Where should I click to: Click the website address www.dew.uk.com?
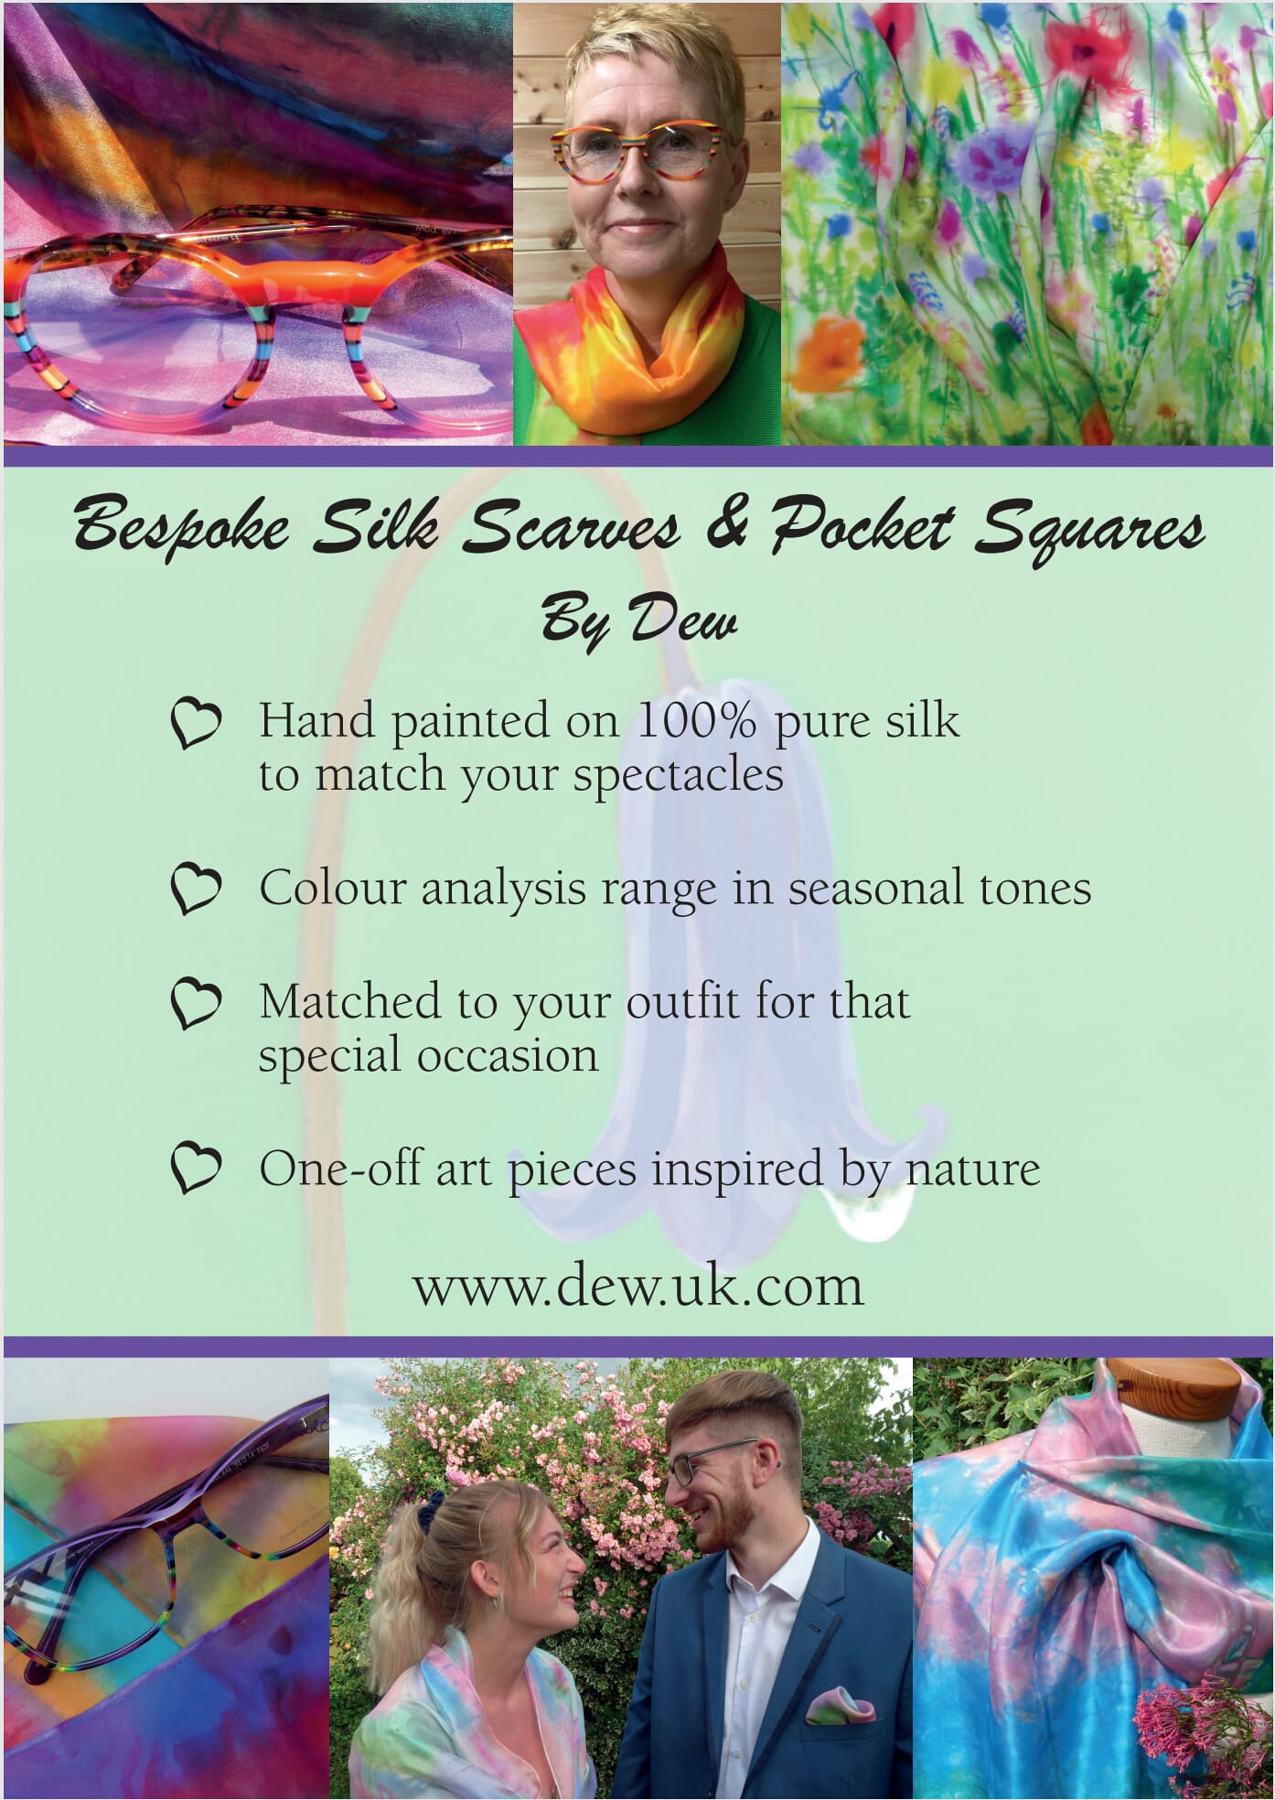click(x=637, y=1286)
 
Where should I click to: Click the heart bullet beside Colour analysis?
click(x=196, y=889)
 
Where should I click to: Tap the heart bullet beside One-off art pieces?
click(x=196, y=1169)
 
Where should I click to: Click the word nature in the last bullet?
click(x=973, y=1170)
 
